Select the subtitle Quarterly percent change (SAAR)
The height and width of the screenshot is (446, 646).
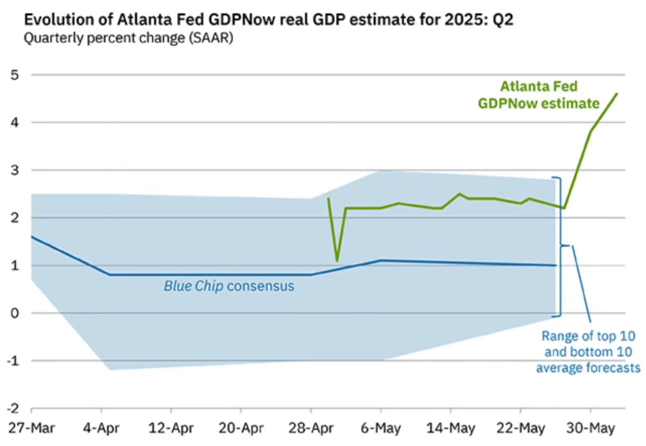pos(126,38)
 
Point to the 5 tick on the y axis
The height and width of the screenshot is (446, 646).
pos(14,75)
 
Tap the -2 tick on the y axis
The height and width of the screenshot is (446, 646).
pos(13,408)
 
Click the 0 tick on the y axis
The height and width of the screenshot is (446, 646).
pos(14,313)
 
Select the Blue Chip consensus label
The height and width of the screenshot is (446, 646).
pos(229,286)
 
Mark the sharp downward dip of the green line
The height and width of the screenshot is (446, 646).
pos(337,260)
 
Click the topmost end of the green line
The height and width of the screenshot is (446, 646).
pos(616,93)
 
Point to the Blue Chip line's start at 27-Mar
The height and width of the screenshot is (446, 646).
pos(31,237)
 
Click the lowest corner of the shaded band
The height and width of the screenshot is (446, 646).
pos(111,369)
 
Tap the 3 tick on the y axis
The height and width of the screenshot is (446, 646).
pos(14,170)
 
